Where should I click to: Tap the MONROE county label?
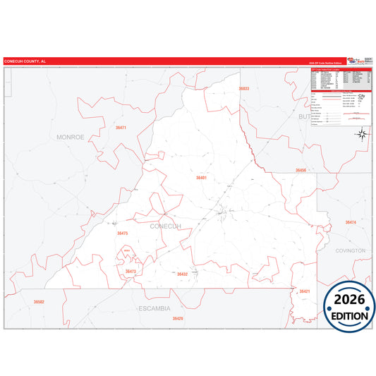click(x=71, y=137)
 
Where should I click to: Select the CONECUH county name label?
click(x=165, y=226)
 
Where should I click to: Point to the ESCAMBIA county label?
click(x=154, y=308)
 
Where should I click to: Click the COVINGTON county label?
click(x=351, y=250)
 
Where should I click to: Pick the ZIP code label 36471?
click(x=121, y=128)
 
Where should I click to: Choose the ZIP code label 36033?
click(x=244, y=89)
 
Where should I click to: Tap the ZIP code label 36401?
click(x=202, y=178)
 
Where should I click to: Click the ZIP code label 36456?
click(x=301, y=171)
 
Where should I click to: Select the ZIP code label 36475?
click(x=123, y=233)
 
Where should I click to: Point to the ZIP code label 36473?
click(x=131, y=271)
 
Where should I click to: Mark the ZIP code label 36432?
click(x=182, y=274)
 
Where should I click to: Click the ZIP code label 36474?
click(x=351, y=222)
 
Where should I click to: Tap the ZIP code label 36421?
click(x=305, y=291)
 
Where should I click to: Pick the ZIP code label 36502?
click(x=39, y=301)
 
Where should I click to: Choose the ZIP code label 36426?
click(x=178, y=318)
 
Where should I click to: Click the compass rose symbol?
click(x=361, y=134)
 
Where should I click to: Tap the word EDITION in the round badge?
click(x=350, y=316)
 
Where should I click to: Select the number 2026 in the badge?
click(x=350, y=298)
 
